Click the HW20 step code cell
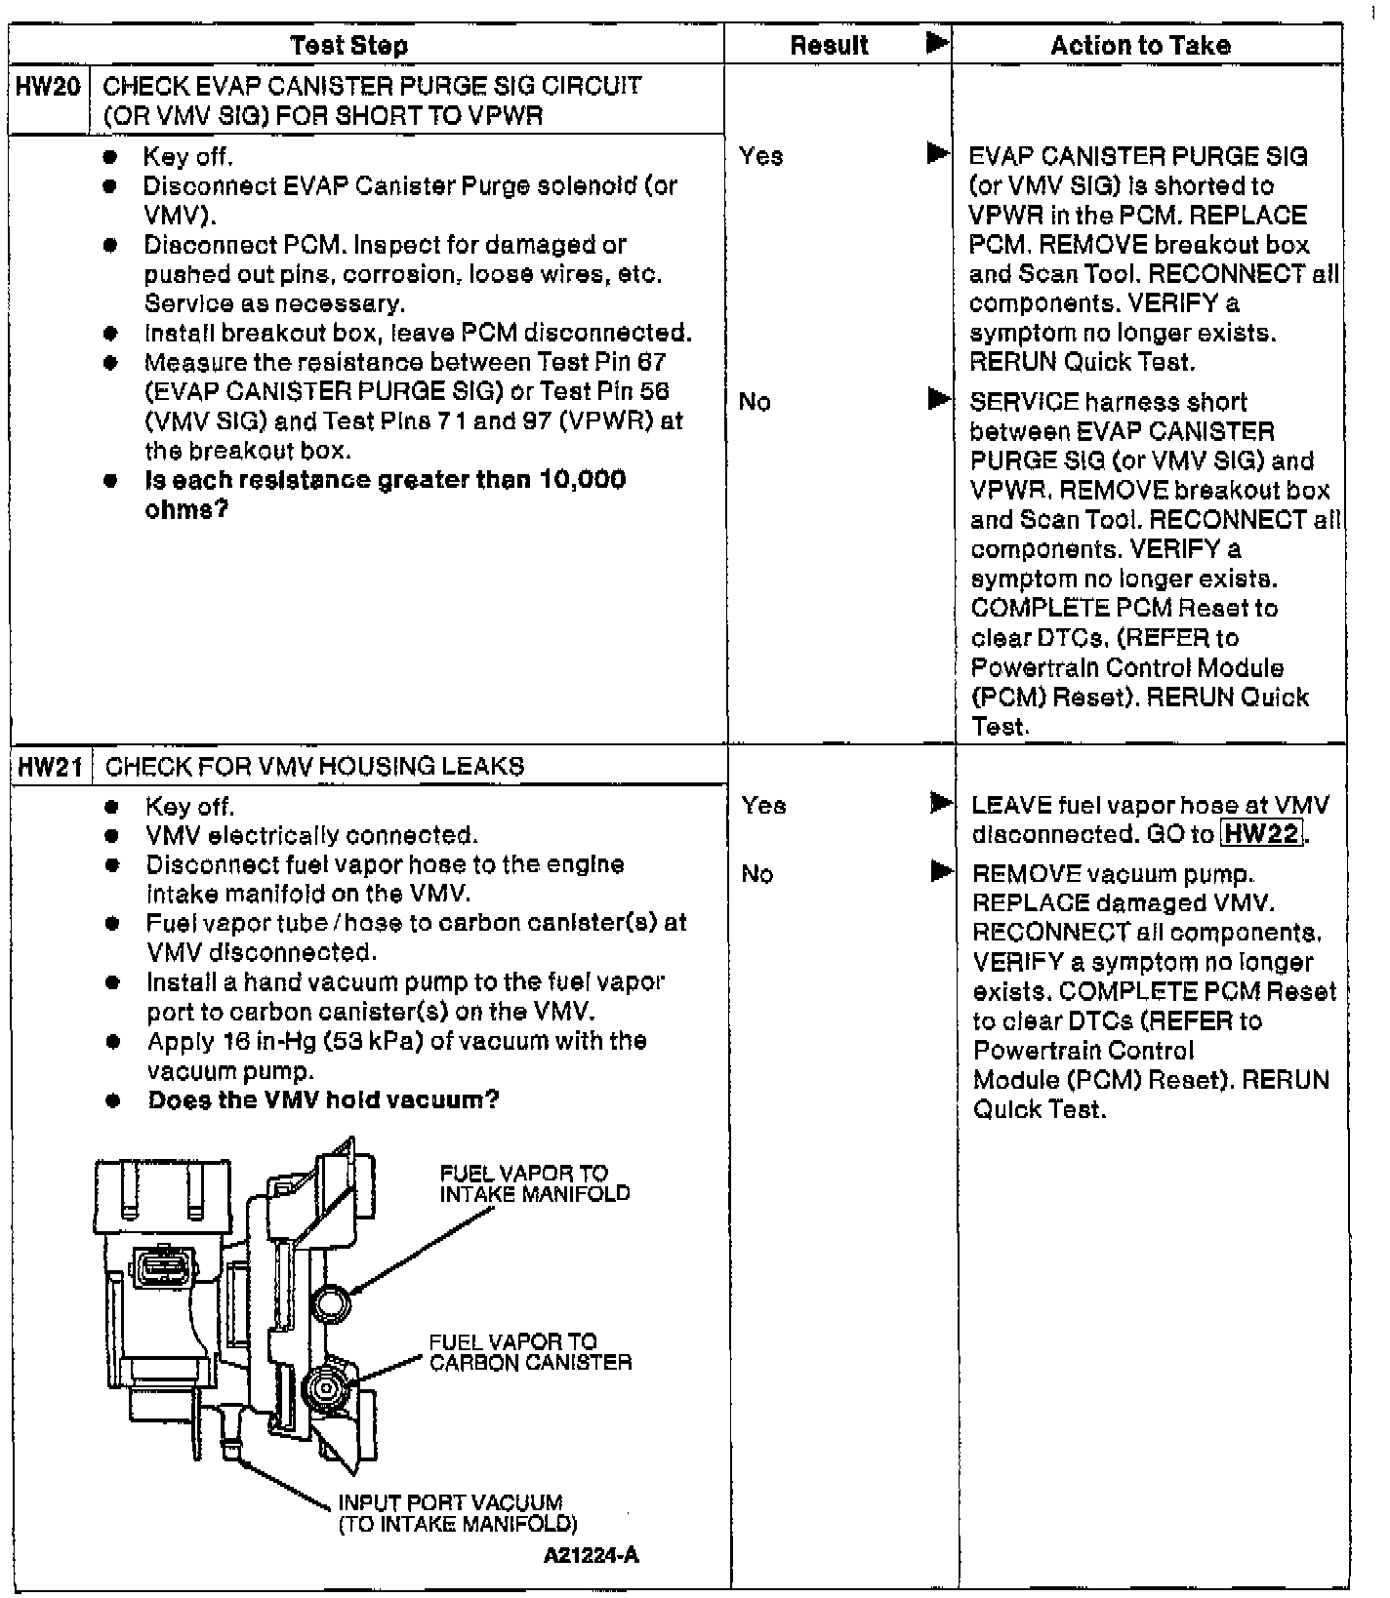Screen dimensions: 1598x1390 click(48, 87)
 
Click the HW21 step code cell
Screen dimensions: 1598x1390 click(50, 767)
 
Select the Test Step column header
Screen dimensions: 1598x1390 click(348, 45)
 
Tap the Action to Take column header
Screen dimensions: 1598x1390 click(1140, 45)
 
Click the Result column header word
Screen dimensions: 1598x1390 click(829, 45)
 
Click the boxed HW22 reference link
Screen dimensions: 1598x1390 click(1262, 834)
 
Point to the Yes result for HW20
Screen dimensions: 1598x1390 click(760, 156)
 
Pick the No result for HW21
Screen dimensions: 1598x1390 click(756, 874)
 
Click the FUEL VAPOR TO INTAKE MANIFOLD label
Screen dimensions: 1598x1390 click(534, 1183)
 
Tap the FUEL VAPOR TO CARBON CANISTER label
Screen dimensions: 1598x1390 click(530, 1352)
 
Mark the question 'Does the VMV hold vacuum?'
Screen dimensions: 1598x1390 click(323, 1100)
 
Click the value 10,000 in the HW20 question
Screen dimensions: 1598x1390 click(582, 480)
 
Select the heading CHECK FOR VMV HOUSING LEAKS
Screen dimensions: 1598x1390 click(314, 767)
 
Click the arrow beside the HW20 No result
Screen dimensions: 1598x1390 click(938, 399)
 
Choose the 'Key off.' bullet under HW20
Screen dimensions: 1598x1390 click(187, 156)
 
